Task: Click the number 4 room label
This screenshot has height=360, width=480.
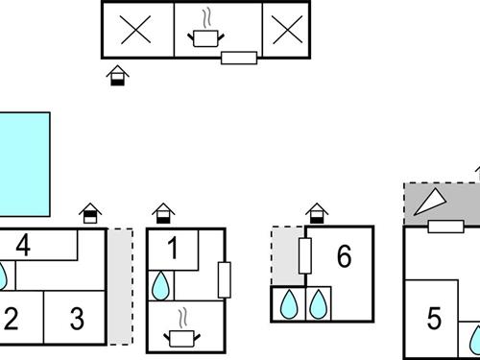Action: [x=23, y=245]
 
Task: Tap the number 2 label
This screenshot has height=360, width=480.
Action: [x=12, y=319]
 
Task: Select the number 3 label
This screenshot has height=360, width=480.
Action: [x=77, y=319]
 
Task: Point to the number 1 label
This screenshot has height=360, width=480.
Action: [x=173, y=250]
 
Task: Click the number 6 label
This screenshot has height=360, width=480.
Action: [x=344, y=256]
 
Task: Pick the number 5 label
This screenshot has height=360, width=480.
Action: [x=434, y=318]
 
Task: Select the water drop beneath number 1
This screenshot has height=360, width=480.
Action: [x=160, y=285]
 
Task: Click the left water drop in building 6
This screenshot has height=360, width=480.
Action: [x=288, y=304]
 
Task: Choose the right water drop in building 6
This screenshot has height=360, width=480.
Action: [x=318, y=304]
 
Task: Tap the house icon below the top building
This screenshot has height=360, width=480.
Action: [x=117, y=75]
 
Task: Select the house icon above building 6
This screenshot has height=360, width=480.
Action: [x=317, y=211]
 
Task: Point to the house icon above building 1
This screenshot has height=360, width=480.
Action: [x=164, y=211]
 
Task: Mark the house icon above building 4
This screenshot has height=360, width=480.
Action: [x=90, y=211]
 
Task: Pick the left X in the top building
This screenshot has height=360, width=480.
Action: [x=137, y=31]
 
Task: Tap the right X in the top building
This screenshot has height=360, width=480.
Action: [x=285, y=31]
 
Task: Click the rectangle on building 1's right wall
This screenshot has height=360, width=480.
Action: [x=224, y=279]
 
